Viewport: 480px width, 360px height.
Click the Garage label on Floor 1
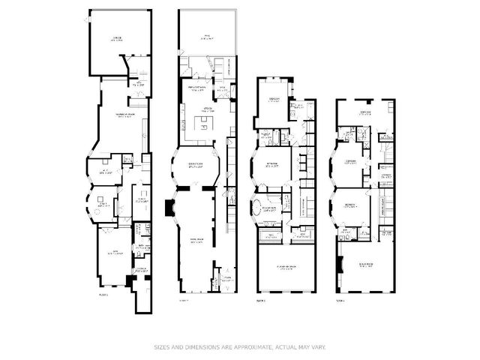118,38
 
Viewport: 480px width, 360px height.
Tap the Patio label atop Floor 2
206,37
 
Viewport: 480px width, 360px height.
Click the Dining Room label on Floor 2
197,166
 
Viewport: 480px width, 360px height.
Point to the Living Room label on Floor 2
196,241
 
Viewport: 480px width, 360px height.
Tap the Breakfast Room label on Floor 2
198,88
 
